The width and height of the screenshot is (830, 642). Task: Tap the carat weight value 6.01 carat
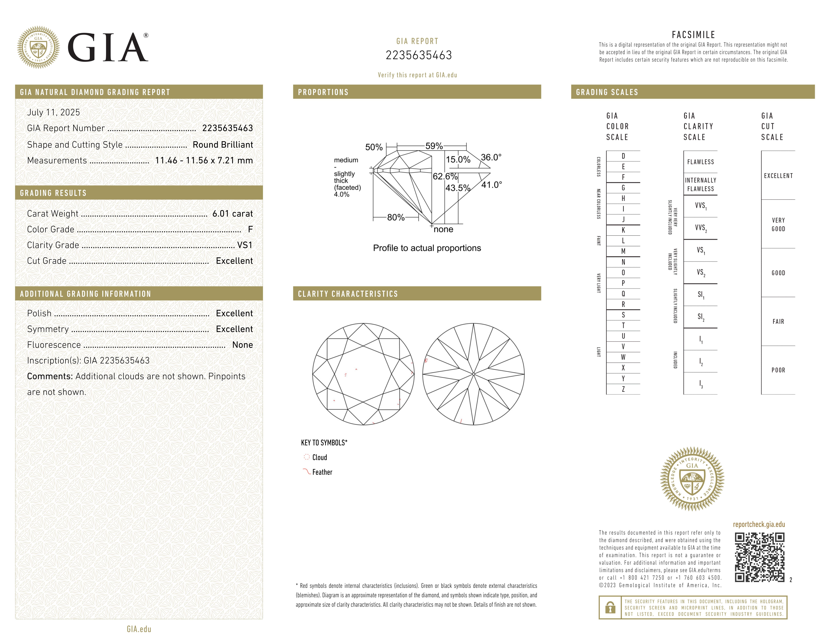pyautogui.click(x=232, y=214)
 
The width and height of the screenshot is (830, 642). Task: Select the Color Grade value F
pyautogui.click(x=250, y=229)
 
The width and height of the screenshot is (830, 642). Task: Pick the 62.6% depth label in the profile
pyautogui.click(x=445, y=176)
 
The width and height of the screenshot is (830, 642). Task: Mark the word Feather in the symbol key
pyautogui.click(x=322, y=472)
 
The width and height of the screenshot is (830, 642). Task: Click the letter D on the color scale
pyautogui.click(x=623, y=156)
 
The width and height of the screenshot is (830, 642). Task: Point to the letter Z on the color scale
pyautogui.click(x=623, y=389)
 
